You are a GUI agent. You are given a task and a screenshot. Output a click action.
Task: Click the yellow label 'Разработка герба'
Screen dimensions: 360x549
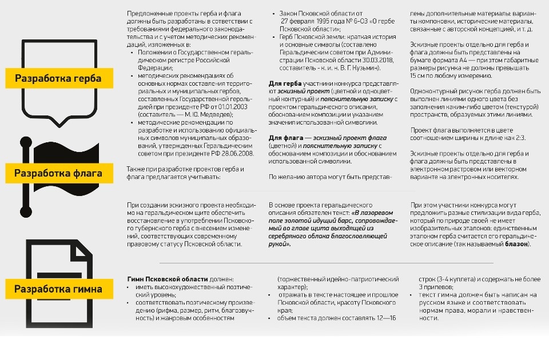(58, 78)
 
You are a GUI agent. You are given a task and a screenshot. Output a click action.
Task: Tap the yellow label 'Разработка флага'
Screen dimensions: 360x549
(58, 173)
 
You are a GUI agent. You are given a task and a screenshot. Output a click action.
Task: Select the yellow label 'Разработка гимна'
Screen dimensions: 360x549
(58, 289)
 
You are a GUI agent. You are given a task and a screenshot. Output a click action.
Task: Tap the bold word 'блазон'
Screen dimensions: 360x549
(516, 244)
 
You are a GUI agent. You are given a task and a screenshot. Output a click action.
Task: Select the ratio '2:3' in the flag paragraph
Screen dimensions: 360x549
(518, 138)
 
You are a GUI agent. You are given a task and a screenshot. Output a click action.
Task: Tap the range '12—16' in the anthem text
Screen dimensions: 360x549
(384, 318)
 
